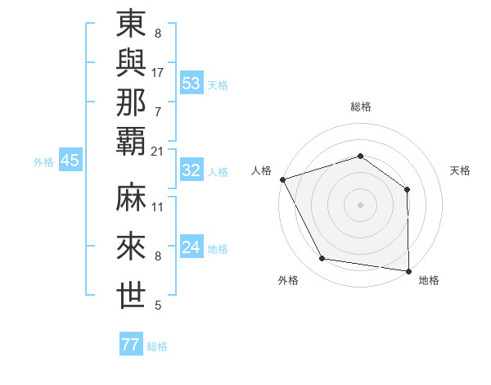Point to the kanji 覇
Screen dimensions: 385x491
point(132,140)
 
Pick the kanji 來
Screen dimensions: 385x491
point(132,246)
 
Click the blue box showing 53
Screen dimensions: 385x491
point(191,84)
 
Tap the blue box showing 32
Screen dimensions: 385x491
point(191,170)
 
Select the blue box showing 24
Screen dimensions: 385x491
point(191,247)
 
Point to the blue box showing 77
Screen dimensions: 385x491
point(130,345)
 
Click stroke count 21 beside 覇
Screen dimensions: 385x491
point(158,152)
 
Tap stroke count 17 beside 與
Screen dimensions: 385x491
point(158,73)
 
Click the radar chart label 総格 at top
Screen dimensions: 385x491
point(360,106)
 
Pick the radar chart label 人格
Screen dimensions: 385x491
point(262,170)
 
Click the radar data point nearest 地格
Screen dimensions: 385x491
point(408,270)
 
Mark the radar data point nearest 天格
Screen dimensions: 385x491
point(407,189)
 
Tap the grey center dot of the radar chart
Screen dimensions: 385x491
point(360,204)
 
